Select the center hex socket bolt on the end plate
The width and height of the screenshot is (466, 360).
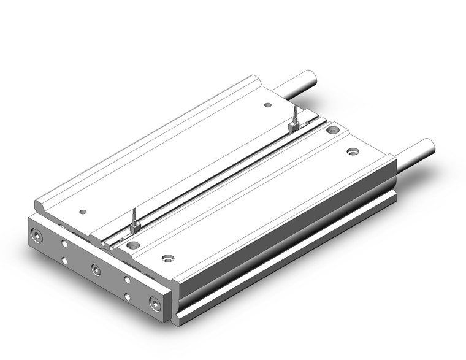[96, 268]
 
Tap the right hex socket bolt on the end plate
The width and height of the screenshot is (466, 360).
[154, 302]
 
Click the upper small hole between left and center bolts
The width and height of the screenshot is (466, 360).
[64, 243]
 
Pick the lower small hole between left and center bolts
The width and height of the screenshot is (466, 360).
[64, 261]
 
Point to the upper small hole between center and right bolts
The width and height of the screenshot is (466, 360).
[127, 280]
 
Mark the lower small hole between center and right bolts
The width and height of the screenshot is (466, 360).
[127, 297]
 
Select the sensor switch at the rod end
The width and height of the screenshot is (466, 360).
[294, 126]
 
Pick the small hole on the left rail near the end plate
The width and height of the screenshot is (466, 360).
[83, 212]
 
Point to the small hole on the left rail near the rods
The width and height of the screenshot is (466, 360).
[267, 105]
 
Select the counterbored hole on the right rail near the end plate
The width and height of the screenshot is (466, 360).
[167, 258]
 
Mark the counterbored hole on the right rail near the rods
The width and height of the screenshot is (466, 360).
[353, 151]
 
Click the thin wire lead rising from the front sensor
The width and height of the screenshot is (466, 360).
[133, 216]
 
